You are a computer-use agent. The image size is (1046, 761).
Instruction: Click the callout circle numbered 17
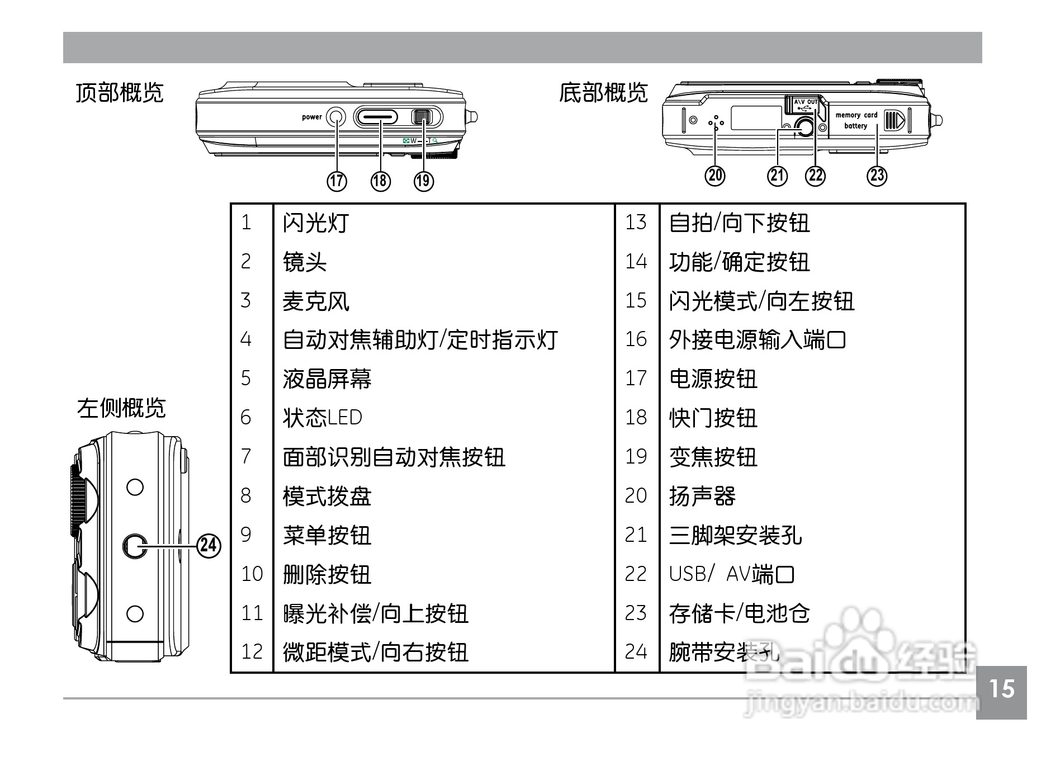[x=337, y=181]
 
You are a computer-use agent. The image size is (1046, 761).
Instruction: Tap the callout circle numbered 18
[x=380, y=181]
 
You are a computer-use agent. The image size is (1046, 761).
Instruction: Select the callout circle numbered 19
[x=424, y=181]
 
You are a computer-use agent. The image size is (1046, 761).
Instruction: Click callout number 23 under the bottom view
[x=877, y=176]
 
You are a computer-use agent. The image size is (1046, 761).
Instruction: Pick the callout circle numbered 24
[x=209, y=545]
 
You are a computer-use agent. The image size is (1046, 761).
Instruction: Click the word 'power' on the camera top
[x=312, y=117]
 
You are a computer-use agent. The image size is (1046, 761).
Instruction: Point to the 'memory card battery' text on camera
[x=856, y=120]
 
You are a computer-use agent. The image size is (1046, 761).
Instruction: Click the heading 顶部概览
[x=120, y=93]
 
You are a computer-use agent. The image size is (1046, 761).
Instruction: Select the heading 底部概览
[x=603, y=93]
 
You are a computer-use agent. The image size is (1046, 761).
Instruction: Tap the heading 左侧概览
[x=121, y=408]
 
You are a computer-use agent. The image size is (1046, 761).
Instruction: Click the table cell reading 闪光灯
[x=316, y=223]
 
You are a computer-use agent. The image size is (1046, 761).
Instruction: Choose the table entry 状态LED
[x=323, y=418]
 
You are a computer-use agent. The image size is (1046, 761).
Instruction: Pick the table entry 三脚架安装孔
[x=735, y=535]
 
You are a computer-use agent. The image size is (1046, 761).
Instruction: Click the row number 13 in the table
[x=636, y=223]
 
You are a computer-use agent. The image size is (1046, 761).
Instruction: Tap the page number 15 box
[x=1001, y=689]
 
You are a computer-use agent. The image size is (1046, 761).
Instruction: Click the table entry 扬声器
[x=702, y=496]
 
